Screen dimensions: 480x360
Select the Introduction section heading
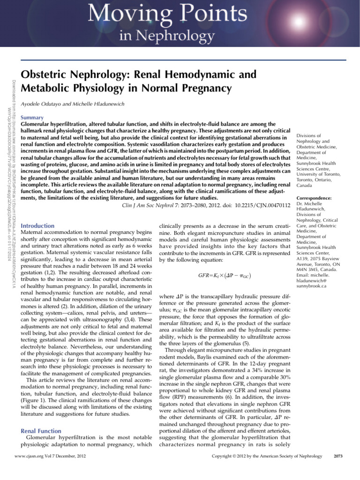click(x=38, y=225)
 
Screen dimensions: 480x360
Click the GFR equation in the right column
click(x=223, y=270)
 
